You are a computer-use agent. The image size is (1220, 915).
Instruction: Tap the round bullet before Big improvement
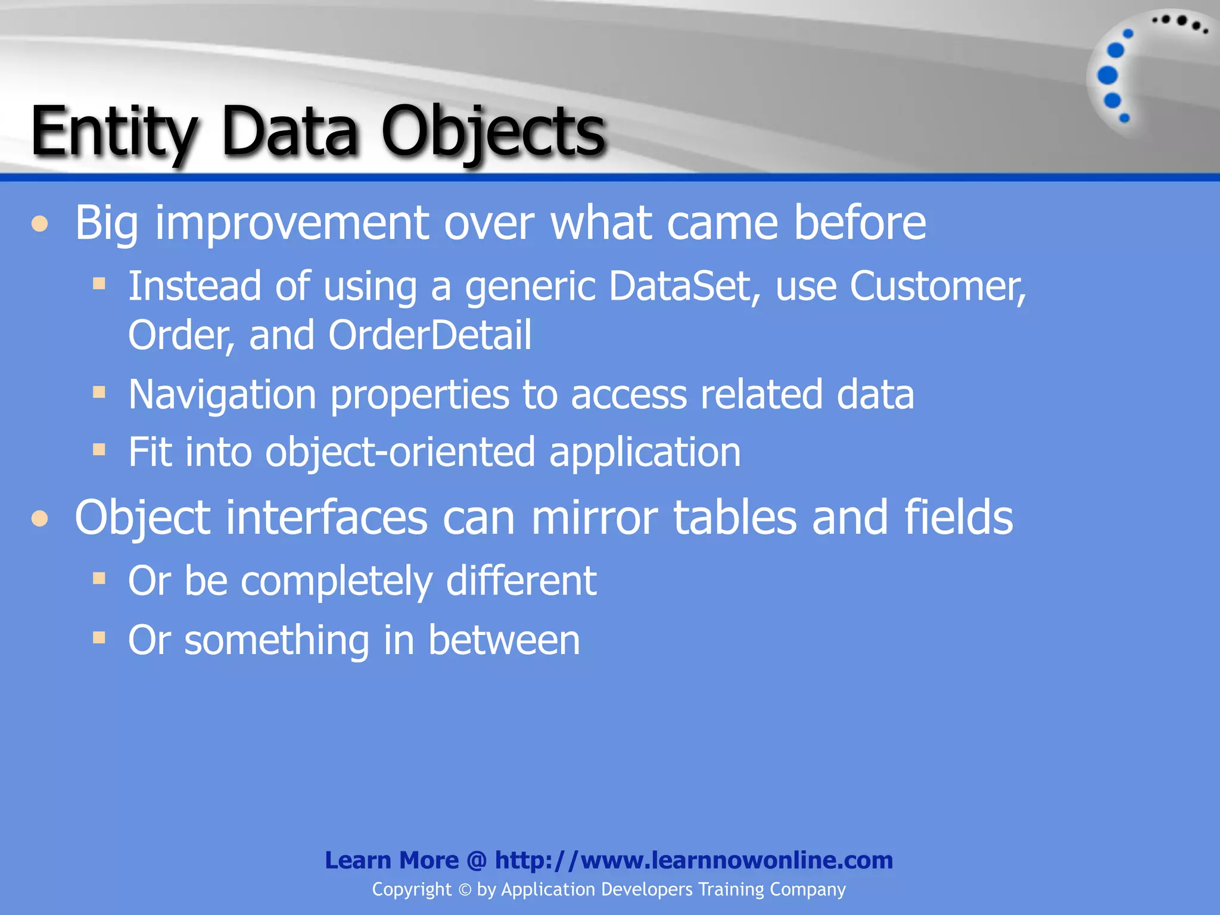pyautogui.click(x=40, y=225)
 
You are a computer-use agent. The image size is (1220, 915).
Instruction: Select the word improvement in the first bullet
pyautogui.click(x=292, y=223)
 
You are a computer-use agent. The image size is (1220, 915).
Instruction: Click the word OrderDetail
pyautogui.click(x=430, y=335)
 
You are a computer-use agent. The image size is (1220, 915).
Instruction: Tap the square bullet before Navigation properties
pyautogui.click(x=99, y=392)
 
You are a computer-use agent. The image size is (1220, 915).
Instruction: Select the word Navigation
pyautogui.click(x=222, y=395)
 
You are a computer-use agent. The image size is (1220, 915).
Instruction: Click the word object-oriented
pyautogui.click(x=400, y=452)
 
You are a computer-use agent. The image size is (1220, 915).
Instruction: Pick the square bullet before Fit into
pyautogui.click(x=99, y=449)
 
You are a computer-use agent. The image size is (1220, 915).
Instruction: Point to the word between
pyautogui.click(x=504, y=640)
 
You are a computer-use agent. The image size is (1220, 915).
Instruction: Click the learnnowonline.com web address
pyautogui.click(x=693, y=860)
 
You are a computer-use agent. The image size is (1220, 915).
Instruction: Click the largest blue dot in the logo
pyautogui.click(x=1107, y=76)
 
